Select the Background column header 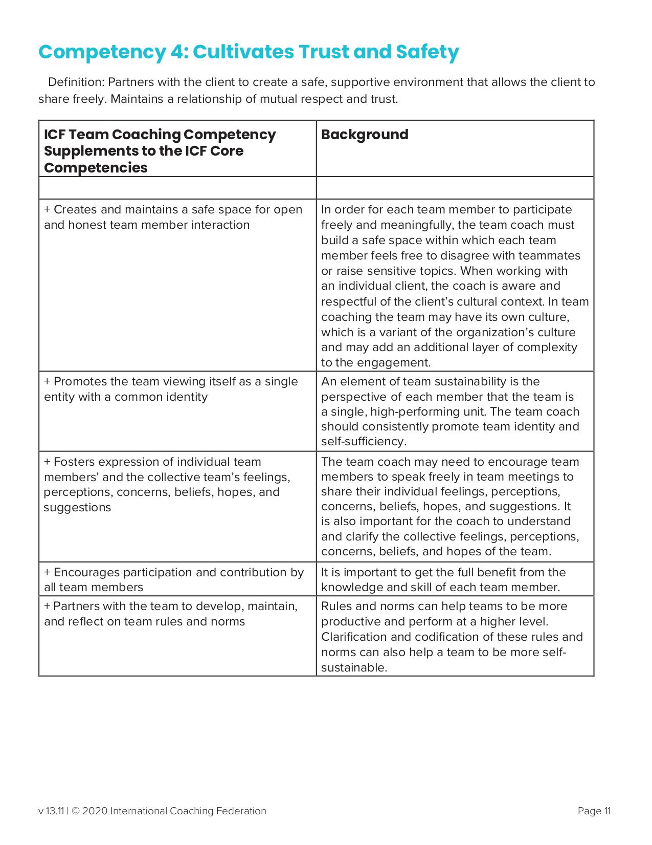(x=365, y=135)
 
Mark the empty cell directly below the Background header (x=455, y=188)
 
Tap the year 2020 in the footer (x=95, y=811)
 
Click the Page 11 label (x=594, y=811)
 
